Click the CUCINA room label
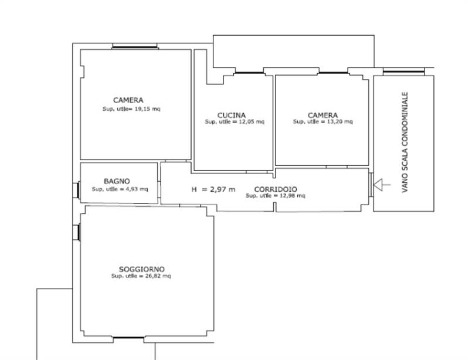pyautogui.click(x=232, y=116)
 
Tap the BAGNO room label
pyautogui.click(x=117, y=181)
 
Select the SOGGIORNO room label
pyautogui.click(x=142, y=269)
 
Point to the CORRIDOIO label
pyautogui.click(x=276, y=189)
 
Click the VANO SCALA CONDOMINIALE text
pyautogui.click(x=405, y=142)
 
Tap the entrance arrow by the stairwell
pyautogui.click(x=382, y=185)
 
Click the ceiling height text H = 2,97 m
pyautogui.click(x=213, y=189)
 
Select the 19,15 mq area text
pyautogui.click(x=147, y=108)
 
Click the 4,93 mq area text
pyautogui.click(x=137, y=189)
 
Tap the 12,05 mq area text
pyautogui.click(x=252, y=122)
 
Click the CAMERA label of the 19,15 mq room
pyautogui.click(x=128, y=100)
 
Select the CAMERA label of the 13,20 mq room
pyautogui.click(x=322, y=116)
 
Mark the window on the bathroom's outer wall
pyautogui.click(x=76, y=191)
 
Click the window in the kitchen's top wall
pyautogui.click(x=249, y=73)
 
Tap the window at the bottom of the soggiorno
pyautogui.click(x=128, y=338)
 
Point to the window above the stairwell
pyautogui.click(x=403, y=72)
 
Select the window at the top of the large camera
pyautogui.click(x=135, y=46)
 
